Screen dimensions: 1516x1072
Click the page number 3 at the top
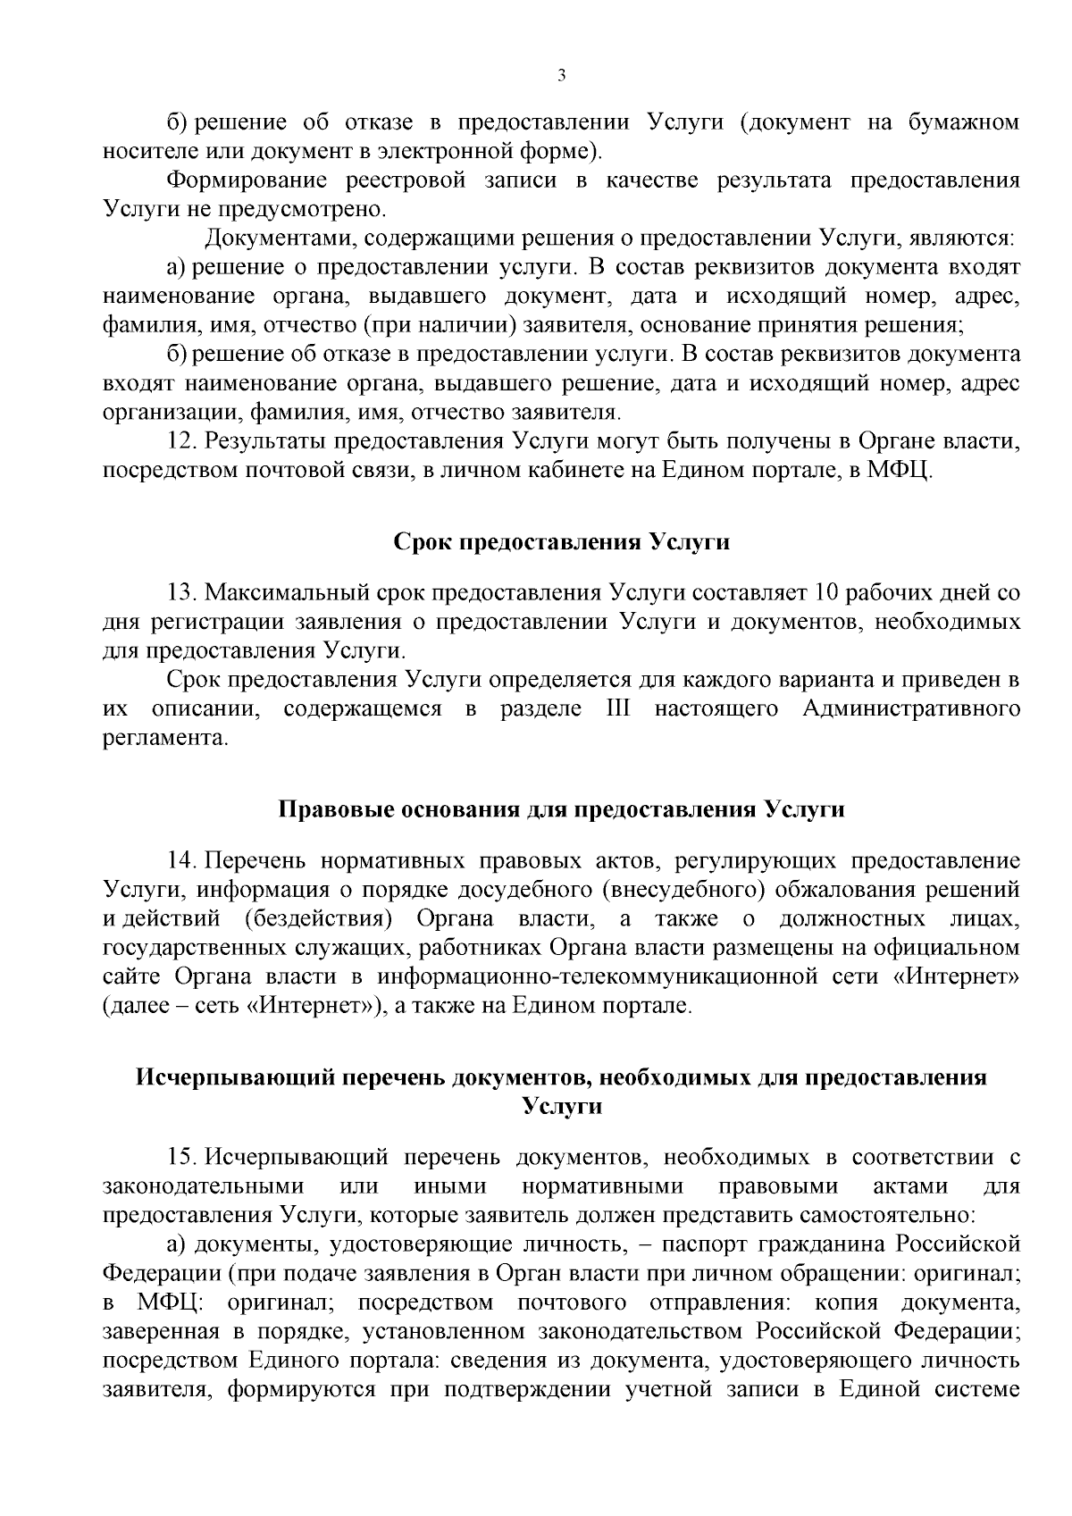point(561,76)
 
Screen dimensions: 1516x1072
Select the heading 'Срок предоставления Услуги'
point(562,542)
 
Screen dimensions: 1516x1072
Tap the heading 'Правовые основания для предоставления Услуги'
point(562,810)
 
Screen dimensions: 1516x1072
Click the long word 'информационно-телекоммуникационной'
point(598,976)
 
